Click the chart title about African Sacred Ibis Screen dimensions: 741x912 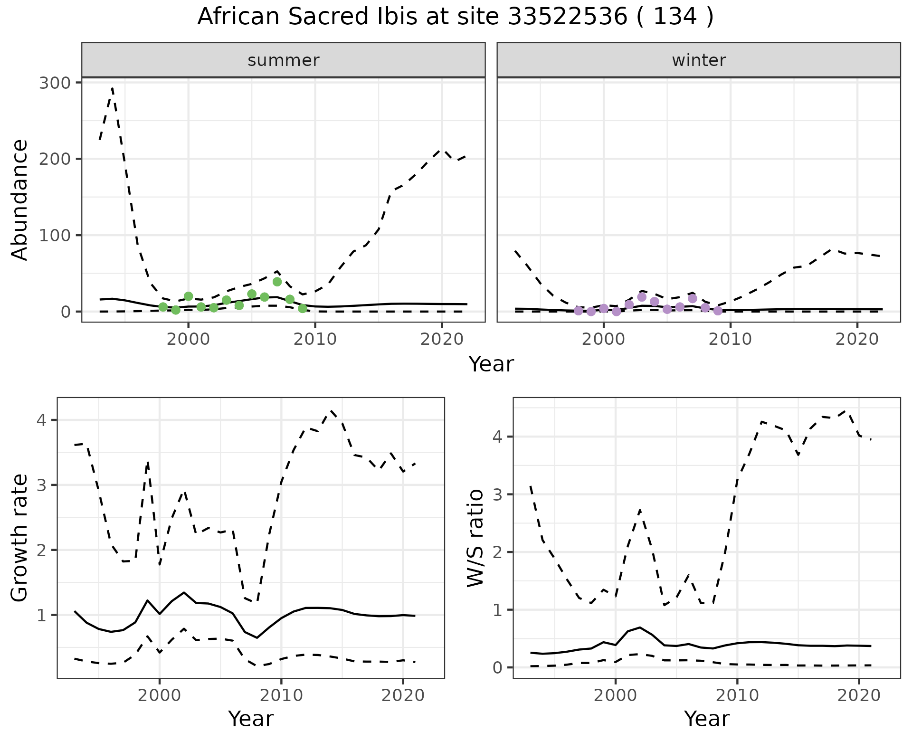pos(455,17)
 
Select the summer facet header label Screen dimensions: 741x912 pos(284,60)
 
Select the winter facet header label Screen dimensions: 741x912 pos(699,60)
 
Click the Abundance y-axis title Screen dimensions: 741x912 pos(20,199)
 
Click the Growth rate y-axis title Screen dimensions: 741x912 pos(20,538)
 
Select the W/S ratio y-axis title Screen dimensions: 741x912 pos(475,538)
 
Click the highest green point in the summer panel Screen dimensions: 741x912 pos(277,282)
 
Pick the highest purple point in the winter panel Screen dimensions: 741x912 pos(642,297)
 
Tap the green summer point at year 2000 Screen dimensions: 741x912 pos(188,296)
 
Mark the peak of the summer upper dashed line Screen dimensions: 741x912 pos(112,88)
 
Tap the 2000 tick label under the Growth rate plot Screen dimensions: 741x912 pos(160,695)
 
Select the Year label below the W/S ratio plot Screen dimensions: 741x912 pos(706,719)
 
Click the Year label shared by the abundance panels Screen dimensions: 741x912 pos(491,364)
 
